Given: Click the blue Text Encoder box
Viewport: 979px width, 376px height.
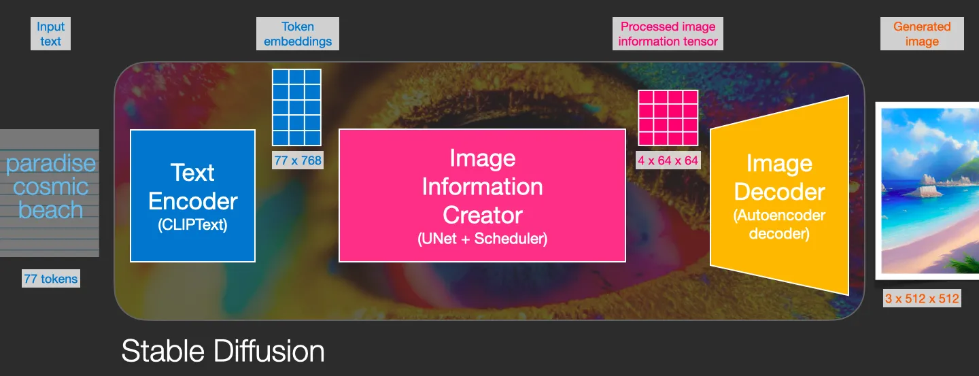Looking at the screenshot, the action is click(193, 196).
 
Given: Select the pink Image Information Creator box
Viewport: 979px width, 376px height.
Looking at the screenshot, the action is click(482, 195).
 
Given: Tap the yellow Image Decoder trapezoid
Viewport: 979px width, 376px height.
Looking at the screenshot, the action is click(779, 195).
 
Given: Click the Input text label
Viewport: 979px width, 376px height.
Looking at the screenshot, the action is click(51, 34).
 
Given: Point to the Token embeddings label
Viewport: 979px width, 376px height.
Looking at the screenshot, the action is click(298, 34).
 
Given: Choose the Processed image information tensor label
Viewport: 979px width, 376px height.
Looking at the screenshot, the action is click(668, 34).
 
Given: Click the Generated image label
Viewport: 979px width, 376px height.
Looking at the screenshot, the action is click(922, 34).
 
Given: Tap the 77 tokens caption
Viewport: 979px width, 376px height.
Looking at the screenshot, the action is click(51, 279).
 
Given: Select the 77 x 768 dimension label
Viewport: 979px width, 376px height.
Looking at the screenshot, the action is click(298, 160).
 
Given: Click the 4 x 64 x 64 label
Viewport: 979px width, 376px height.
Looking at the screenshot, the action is click(668, 160).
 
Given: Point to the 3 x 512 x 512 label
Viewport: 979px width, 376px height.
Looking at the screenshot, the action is click(922, 298).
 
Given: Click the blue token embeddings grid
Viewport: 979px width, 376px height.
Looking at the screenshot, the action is click(296, 107).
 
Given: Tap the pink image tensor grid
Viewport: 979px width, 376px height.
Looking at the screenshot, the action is click(668, 118).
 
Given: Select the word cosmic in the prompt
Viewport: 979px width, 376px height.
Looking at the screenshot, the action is click(51, 187).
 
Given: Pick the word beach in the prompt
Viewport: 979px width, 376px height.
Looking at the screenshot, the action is click(51, 210).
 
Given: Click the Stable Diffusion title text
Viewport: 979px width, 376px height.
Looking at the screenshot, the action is click(223, 351).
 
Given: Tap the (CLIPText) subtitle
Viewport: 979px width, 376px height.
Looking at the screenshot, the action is click(193, 225).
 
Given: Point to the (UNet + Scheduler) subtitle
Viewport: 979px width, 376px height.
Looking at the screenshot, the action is click(482, 239).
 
